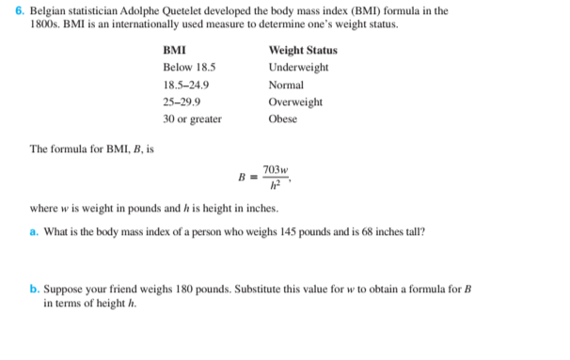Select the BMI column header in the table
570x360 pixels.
click(173, 50)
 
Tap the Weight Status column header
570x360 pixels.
click(303, 50)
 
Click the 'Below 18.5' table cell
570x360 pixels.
click(189, 68)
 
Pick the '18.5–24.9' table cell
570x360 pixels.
click(186, 85)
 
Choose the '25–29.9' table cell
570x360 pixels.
click(181, 102)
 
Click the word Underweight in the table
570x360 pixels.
click(298, 68)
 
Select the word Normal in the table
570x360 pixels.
click(286, 85)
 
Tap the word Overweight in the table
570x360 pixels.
click(295, 102)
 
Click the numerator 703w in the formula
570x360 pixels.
click(276, 168)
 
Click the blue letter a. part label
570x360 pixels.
click(34, 231)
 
